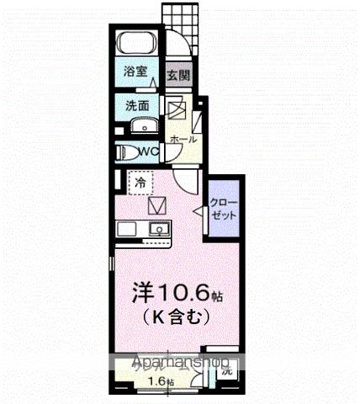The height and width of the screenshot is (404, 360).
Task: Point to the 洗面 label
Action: click(x=137, y=107)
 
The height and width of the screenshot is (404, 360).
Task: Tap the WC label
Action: click(x=149, y=151)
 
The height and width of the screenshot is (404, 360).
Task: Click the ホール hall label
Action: click(x=183, y=138)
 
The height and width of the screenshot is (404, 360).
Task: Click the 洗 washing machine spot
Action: click(x=225, y=371)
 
